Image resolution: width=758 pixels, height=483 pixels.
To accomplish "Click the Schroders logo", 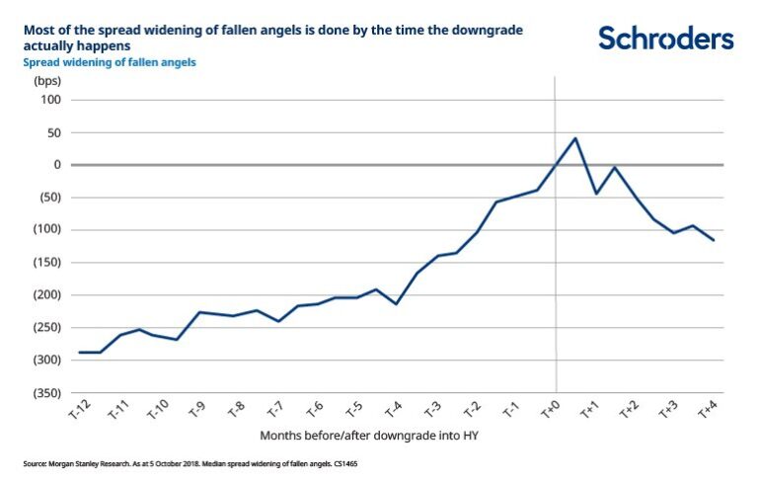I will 666,39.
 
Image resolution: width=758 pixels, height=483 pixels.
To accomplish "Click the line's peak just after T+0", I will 575,138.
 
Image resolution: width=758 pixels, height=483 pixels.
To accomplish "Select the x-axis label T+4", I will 708,411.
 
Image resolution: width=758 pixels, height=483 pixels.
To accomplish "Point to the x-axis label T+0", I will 551,411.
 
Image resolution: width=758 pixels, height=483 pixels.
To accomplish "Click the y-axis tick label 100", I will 50,100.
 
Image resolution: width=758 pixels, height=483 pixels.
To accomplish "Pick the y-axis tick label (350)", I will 46,392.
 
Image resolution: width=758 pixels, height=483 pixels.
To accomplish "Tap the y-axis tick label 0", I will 57,165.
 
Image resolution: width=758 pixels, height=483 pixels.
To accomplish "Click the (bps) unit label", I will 46,80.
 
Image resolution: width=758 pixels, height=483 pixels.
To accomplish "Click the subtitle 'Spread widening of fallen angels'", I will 109,62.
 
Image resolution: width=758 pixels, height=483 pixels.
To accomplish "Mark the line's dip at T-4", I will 397,303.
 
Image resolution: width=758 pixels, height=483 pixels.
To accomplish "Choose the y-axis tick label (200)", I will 46,294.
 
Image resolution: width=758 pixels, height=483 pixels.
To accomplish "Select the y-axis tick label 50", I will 53,132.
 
